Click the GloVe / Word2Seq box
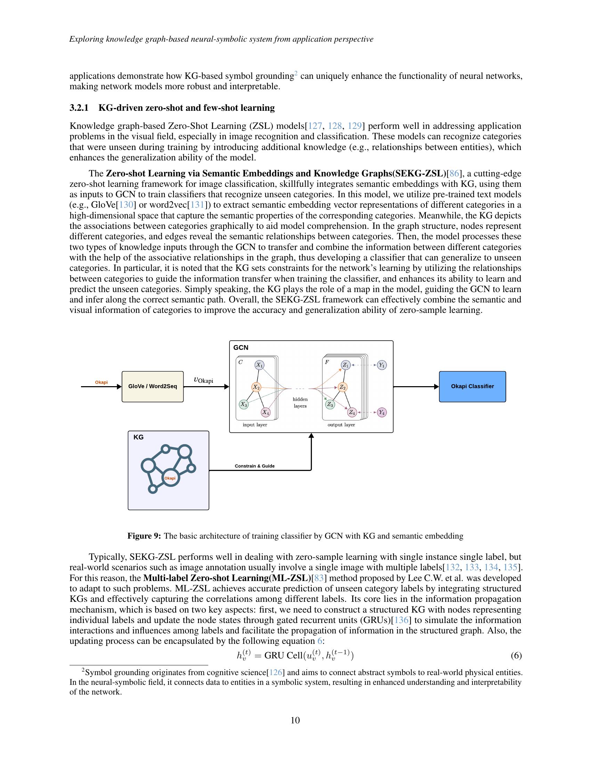pos(152,387)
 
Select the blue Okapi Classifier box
pos(472,387)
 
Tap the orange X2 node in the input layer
pos(257,387)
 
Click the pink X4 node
pos(266,412)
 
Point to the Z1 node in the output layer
pos(346,365)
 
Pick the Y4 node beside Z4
pos(382,413)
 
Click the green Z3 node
pos(330,404)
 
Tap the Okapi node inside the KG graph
pos(170,478)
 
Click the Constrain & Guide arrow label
pos(254,466)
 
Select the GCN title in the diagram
pos(241,347)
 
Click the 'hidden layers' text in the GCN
pos(300,402)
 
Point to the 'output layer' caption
pos(341,425)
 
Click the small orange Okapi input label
pos(101,382)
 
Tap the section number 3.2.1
pos(79,108)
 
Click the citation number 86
pos(454,174)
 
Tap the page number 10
pos(295,720)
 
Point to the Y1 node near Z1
pos(382,365)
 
